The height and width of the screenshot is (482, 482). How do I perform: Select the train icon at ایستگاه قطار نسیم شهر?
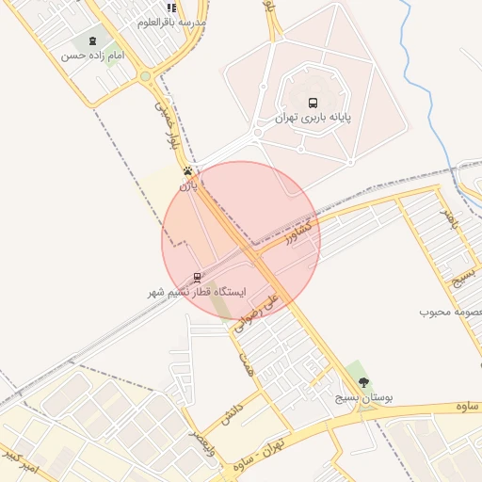click(197, 277)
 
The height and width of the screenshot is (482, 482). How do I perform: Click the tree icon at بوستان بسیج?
click(364, 382)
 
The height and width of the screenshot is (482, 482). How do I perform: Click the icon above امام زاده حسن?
click(92, 41)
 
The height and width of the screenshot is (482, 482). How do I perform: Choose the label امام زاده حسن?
click(93, 56)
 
